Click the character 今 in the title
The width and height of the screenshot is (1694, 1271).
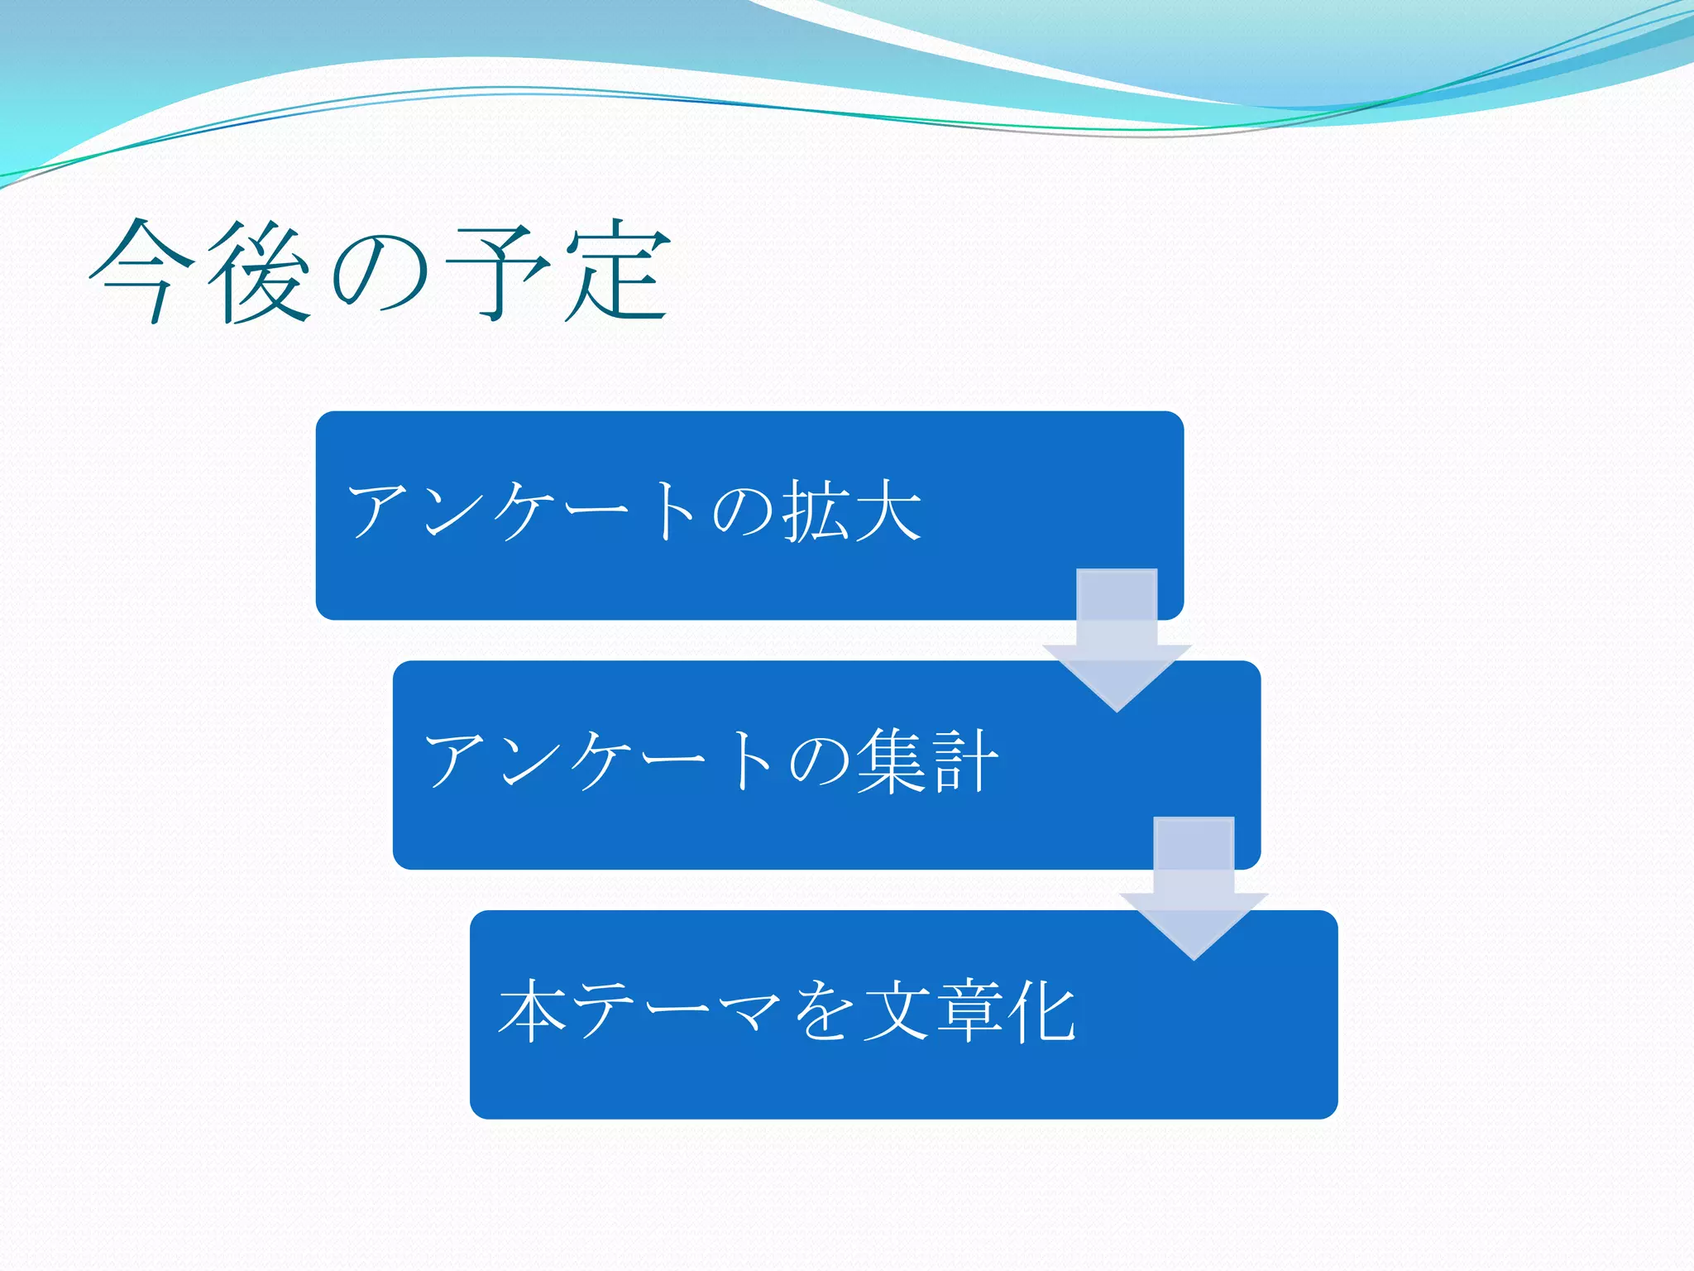(x=142, y=271)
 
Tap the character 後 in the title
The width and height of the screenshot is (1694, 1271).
(x=259, y=271)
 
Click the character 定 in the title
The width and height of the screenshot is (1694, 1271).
(x=617, y=271)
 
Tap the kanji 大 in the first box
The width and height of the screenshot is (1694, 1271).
(x=888, y=512)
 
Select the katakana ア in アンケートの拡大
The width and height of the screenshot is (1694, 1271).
(x=378, y=512)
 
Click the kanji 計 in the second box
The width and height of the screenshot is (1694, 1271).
(x=964, y=762)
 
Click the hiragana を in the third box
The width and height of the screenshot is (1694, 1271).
(x=822, y=1011)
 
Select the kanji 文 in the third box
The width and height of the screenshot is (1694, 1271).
(x=897, y=1011)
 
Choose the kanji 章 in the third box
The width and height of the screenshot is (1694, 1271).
(x=969, y=1011)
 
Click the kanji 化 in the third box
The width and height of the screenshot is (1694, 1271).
(x=1044, y=1011)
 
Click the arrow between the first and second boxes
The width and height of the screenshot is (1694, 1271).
(x=1117, y=645)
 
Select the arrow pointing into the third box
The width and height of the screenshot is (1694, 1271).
(x=1194, y=894)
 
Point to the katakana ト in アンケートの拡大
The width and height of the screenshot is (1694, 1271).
(x=676, y=512)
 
